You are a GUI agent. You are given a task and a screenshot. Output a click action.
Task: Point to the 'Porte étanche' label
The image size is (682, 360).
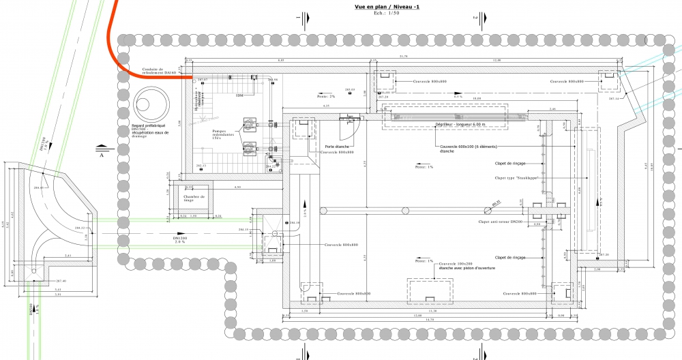339,146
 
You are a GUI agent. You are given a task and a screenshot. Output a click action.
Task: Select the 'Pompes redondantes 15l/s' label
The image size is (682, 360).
224,136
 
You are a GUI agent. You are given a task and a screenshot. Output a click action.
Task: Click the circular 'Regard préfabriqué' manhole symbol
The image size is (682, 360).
146,104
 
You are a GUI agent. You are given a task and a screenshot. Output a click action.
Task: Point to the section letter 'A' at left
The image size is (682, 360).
102,155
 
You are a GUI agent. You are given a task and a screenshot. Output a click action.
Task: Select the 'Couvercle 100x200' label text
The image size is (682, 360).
457,263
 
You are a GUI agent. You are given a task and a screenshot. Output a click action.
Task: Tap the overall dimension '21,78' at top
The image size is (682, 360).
403,56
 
